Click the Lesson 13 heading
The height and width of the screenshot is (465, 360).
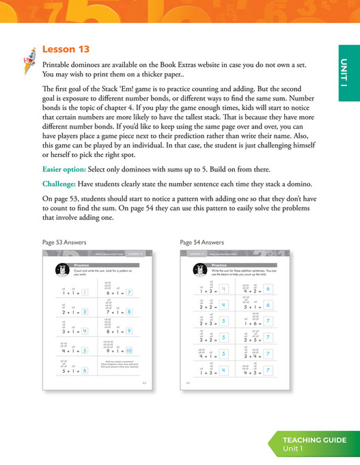(x=66, y=49)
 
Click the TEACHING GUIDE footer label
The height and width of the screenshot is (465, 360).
(x=315, y=440)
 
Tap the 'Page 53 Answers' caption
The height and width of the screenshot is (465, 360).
(x=66, y=242)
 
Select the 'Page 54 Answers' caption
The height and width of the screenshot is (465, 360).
(x=202, y=242)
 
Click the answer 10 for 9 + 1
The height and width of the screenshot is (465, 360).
(x=129, y=351)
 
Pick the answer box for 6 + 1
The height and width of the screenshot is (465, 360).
(x=128, y=293)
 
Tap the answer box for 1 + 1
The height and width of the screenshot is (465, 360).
(x=84, y=293)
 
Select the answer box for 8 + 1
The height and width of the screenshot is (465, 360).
(x=128, y=331)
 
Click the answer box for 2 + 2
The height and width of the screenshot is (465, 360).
(x=225, y=305)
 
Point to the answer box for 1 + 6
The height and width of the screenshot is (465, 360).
(x=268, y=321)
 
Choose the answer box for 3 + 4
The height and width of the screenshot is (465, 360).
(x=268, y=354)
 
